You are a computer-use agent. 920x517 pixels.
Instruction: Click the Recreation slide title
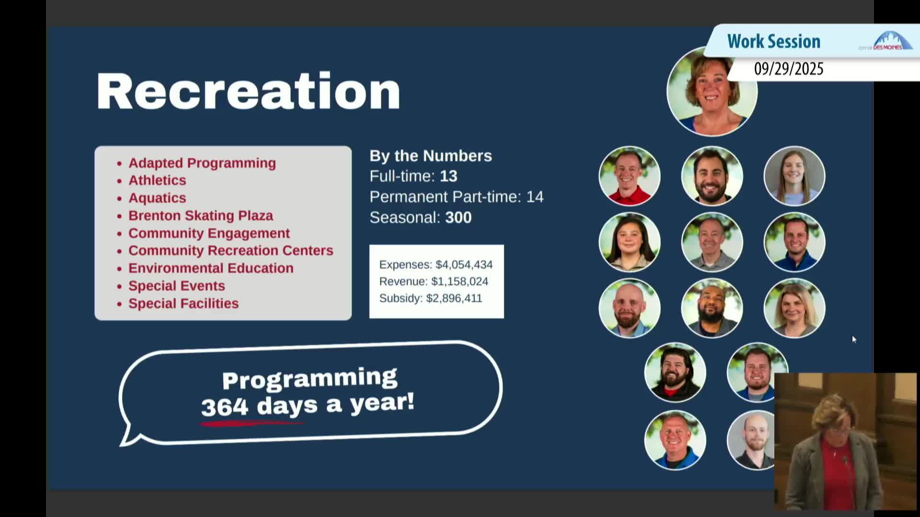[x=248, y=91]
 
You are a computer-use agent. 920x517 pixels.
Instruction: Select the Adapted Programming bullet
[x=202, y=163]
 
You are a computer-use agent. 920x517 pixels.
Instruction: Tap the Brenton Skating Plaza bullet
[x=200, y=215]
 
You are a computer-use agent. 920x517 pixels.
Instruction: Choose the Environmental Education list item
[x=211, y=268]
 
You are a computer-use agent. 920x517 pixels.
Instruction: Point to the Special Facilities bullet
[x=183, y=303]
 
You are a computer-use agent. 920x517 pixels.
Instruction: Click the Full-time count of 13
[x=448, y=176]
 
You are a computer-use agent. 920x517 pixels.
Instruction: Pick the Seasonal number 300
[x=458, y=218]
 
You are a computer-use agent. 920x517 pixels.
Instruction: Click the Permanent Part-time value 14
[x=535, y=197]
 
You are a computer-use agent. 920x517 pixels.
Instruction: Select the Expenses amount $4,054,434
[x=464, y=265]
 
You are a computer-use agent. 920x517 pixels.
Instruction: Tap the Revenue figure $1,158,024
[x=460, y=281]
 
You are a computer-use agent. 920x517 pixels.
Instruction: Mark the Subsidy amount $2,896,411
[x=454, y=298]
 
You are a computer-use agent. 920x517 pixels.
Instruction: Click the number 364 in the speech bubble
[x=225, y=407]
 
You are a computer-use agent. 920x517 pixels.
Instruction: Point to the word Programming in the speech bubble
[x=310, y=379]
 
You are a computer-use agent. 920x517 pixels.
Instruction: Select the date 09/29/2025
[x=789, y=69]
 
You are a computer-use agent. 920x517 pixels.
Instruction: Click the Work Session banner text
[x=774, y=41]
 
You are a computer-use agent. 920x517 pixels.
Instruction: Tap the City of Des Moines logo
[x=885, y=41]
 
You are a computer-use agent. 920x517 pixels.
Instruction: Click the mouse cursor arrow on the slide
[x=854, y=339]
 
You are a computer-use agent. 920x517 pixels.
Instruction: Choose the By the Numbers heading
[x=431, y=156]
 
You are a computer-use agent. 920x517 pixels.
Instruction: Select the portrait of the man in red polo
[x=630, y=176]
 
